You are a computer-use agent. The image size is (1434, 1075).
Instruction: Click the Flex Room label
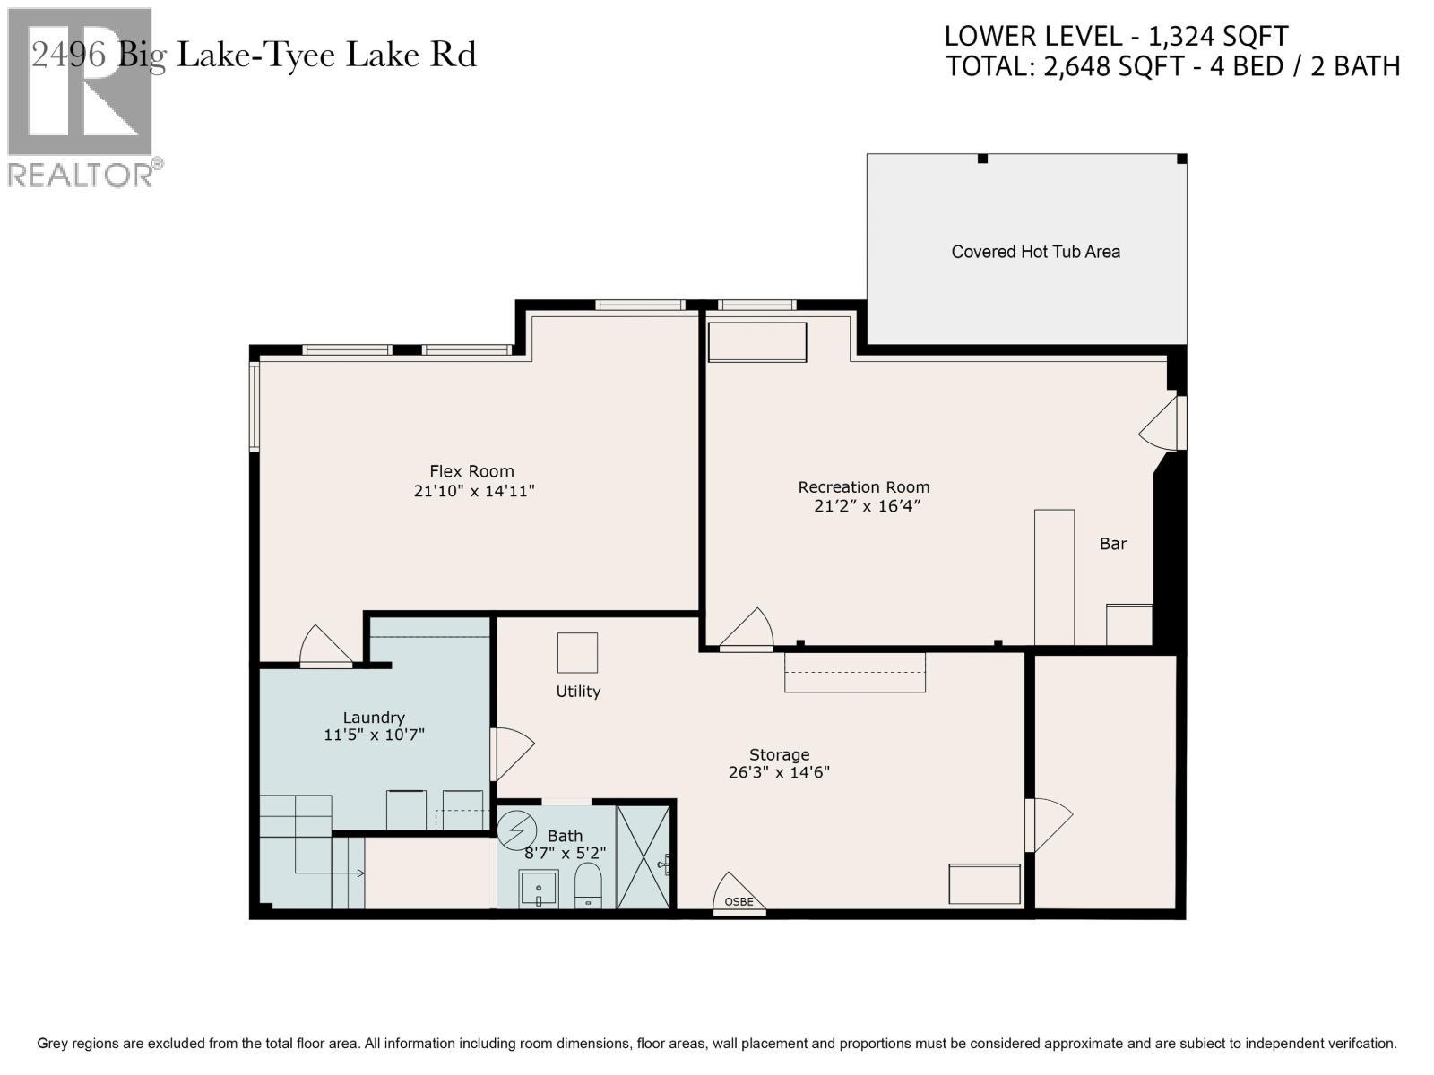471,471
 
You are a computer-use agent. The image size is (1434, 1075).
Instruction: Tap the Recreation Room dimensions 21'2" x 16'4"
867,506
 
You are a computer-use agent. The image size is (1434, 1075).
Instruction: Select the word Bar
1113,544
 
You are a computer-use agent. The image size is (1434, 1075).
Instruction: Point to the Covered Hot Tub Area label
1035,252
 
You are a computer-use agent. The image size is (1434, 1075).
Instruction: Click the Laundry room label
374,718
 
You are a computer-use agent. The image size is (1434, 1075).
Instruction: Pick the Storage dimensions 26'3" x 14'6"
779,772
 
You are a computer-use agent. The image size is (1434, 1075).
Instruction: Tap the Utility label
578,692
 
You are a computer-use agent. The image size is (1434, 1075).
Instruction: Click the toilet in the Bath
588,885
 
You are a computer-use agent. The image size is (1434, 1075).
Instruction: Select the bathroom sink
539,889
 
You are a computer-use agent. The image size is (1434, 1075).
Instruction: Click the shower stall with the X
644,857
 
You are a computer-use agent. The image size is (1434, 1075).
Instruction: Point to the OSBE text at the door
739,901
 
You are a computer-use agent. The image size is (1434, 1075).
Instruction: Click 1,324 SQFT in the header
1217,37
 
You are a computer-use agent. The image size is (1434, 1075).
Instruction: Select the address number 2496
69,55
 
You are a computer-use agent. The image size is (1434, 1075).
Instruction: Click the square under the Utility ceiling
577,652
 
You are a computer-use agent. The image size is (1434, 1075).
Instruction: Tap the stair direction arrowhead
360,873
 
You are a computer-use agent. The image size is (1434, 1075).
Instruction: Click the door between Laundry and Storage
513,754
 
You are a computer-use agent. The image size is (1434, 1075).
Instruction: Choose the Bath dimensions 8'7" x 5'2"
566,853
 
